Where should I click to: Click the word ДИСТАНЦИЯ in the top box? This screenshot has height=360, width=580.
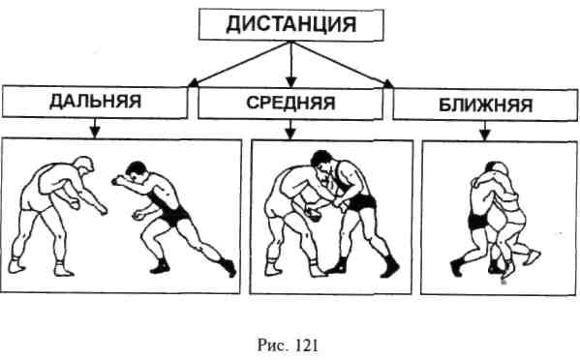(291, 25)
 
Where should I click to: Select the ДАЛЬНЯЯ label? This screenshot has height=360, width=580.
(96, 102)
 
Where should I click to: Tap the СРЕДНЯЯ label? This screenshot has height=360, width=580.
(290, 103)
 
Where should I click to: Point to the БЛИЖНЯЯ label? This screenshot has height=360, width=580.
(486, 105)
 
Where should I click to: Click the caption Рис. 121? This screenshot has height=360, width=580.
(288, 345)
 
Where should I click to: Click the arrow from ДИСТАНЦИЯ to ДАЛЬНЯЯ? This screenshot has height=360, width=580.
(239, 65)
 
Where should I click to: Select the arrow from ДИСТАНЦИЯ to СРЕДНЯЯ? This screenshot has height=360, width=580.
(291, 65)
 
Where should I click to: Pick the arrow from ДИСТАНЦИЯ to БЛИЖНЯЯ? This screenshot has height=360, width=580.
(343, 65)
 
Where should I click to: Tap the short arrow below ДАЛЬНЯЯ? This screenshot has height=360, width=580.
(95, 128)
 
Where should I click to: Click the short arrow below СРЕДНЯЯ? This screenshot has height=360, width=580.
(290, 130)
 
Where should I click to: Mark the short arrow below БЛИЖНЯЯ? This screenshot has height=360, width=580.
(485, 131)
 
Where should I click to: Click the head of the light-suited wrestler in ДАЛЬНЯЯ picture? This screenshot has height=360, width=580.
(83, 165)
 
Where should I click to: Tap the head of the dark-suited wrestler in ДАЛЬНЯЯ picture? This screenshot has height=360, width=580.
(137, 171)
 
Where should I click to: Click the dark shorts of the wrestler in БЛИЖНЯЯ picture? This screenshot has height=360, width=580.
(478, 221)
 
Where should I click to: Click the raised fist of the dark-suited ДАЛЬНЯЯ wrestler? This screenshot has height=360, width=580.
(117, 180)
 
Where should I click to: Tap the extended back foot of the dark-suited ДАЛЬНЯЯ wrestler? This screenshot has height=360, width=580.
(228, 267)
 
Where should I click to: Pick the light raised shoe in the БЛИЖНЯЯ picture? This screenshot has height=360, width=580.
(532, 256)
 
